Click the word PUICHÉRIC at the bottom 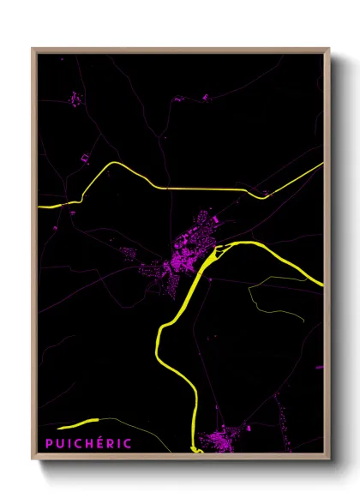tap(89, 443)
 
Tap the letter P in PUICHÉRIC tap(50, 443)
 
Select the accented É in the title tap(102, 443)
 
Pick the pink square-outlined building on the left tap(86, 158)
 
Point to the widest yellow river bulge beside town tap(225, 251)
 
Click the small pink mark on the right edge tap(319, 367)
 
